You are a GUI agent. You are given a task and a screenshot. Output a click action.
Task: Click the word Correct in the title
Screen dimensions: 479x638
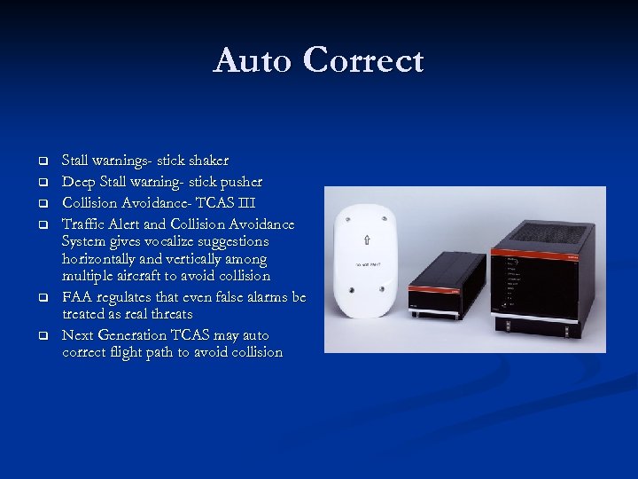point(362,61)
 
